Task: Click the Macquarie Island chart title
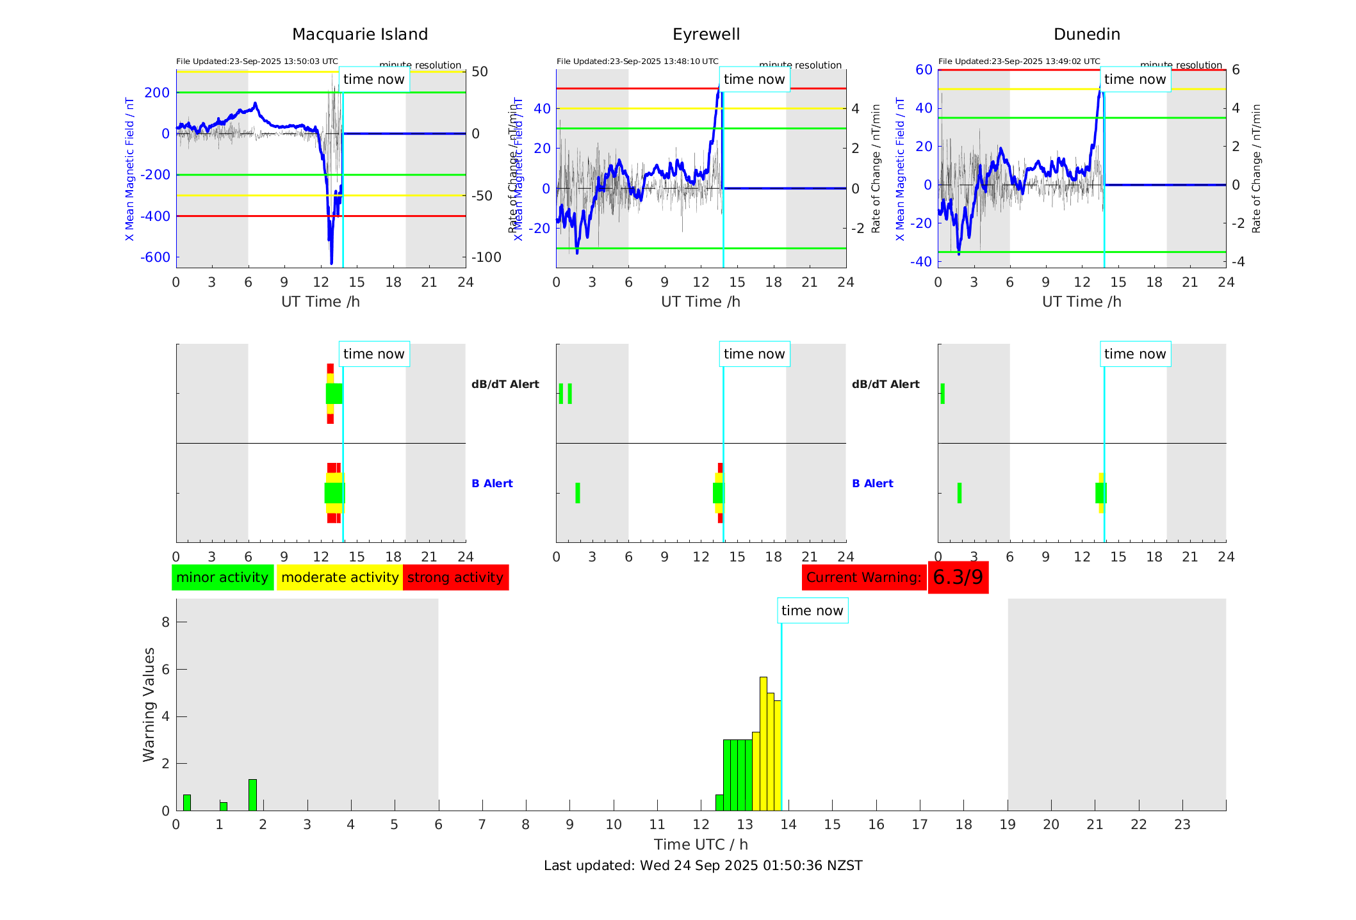pyautogui.click(x=359, y=35)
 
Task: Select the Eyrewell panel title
pyautogui.click(x=706, y=35)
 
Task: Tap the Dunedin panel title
pyautogui.click(x=1086, y=35)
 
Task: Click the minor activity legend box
pyautogui.click(x=222, y=577)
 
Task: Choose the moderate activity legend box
pyautogui.click(x=339, y=577)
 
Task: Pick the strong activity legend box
pyautogui.click(x=455, y=577)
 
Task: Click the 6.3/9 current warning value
pyautogui.click(x=958, y=577)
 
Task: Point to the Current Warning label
pyautogui.click(x=863, y=577)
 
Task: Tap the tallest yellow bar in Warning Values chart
pyautogui.click(x=763, y=743)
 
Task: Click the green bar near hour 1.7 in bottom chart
pyautogui.click(x=252, y=795)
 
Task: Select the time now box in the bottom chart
pyautogui.click(x=812, y=611)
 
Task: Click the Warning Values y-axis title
pyautogui.click(x=149, y=704)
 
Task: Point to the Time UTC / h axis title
pyautogui.click(x=701, y=844)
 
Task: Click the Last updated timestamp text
pyautogui.click(x=703, y=866)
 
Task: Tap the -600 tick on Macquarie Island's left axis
pyautogui.click(x=155, y=257)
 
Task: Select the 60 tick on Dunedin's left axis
pyautogui.click(x=924, y=70)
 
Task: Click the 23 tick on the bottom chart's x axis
pyautogui.click(x=1182, y=825)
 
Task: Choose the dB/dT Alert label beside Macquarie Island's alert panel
pyautogui.click(x=505, y=384)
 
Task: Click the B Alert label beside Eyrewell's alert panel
pyautogui.click(x=872, y=483)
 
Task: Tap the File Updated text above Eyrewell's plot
pyautogui.click(x=637, y=61)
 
